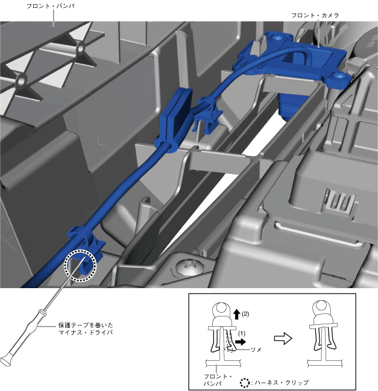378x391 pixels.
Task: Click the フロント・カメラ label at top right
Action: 315,16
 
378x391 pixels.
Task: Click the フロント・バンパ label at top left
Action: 51,6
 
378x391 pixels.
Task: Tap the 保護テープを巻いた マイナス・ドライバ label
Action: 86,328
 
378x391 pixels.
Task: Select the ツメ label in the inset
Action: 256,349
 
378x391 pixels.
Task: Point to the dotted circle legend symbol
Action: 245,383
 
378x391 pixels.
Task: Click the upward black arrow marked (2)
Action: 237,314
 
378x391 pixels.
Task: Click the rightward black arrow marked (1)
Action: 241,342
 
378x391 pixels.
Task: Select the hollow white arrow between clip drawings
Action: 283,339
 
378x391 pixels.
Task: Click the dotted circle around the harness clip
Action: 80,265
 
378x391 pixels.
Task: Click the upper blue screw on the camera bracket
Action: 277,37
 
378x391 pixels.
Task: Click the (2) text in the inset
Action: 245,313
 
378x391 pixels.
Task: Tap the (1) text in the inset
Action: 242,333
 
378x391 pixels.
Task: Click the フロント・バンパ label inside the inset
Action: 218,380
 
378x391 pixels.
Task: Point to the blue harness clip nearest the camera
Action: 207,114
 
